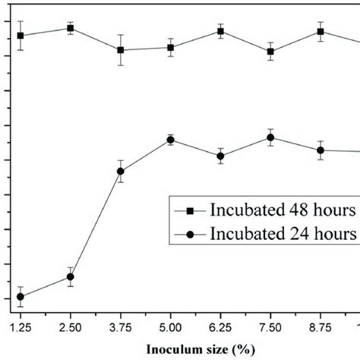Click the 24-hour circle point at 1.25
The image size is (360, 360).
21,297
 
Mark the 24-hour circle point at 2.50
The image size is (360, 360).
71,276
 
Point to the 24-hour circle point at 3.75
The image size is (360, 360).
121,172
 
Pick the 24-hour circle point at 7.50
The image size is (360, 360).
270,137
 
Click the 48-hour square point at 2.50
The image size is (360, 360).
71,28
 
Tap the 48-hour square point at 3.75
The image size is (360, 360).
121,50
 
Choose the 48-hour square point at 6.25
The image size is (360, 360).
220,31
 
